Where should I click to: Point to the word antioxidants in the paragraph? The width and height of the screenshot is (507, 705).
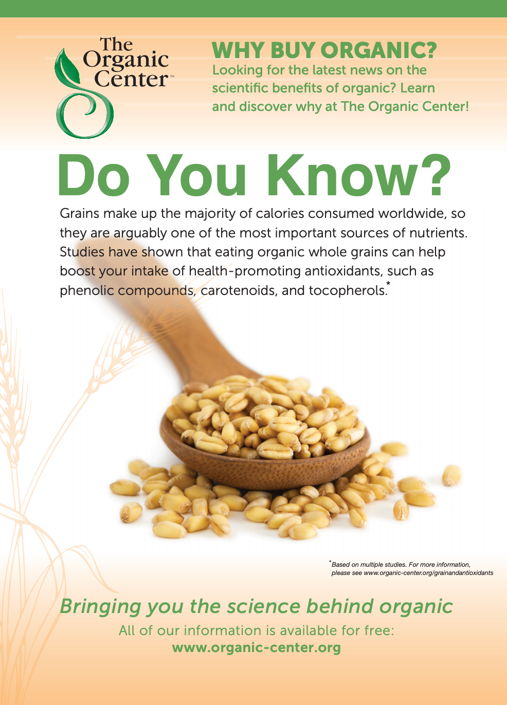click(x=343, y=271)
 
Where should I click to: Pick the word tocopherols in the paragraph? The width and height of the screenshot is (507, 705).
click(x=348, y=290)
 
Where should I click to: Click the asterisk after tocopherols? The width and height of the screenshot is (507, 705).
click(x=389, y=283)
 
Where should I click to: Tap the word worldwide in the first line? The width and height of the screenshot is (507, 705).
click(x=412, y=213)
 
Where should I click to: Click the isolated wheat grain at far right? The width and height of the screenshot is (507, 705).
click(x=451, y=475)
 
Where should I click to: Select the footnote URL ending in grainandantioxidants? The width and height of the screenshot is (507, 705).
click(x=428, y=573)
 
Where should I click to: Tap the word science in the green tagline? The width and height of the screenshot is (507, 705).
click(x=264, y=606)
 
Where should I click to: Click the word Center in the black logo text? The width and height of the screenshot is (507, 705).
click(x=131, y=79)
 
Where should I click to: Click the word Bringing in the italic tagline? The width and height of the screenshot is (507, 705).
click(x=100, y=607)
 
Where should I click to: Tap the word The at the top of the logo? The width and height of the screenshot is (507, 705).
click(x=116, y=44)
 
